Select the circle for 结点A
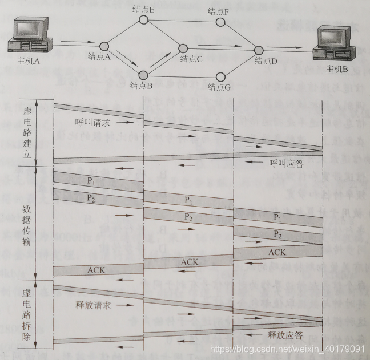coord(104,46)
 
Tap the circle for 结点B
coord(143,74)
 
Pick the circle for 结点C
coord(183,49)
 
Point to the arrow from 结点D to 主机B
coord(291,50)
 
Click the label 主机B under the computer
coord(337,70)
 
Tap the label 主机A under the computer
coord(30,61)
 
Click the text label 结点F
coord(219,11)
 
